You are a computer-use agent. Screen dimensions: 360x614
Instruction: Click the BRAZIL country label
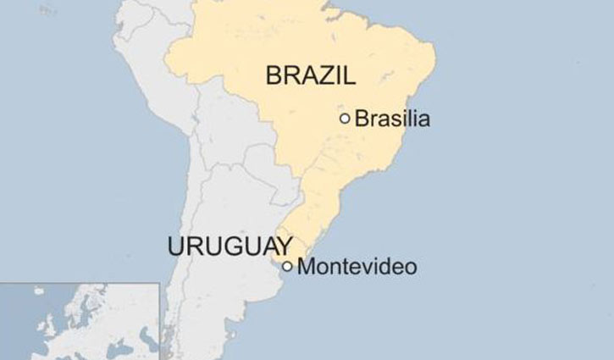point(311,75)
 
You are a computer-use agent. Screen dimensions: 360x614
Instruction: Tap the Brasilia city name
point(392,119)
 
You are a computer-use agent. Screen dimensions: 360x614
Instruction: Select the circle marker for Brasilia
point(345,119)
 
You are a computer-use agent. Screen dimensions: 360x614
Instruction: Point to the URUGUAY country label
point(230,246)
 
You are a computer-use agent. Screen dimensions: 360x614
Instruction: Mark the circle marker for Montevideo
point(288,266)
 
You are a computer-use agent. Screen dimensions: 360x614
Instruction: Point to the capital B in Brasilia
point(362,119)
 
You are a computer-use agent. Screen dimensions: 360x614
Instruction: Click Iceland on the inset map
point(38,291)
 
